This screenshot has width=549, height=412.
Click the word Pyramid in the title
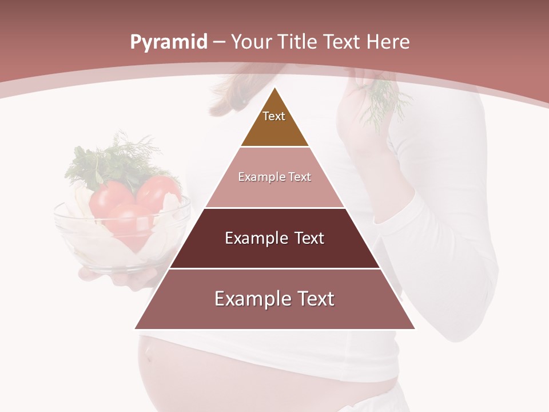169,42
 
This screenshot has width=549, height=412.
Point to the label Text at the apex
273,116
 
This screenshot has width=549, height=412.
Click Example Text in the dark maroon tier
274,238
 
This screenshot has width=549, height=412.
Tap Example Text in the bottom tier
274,299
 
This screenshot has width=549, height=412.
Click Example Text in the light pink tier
274,177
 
